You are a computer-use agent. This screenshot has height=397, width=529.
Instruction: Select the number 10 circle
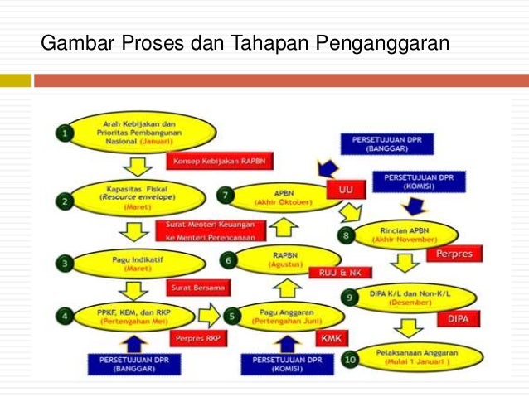point(349,359)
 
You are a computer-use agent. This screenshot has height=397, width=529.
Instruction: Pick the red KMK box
point(334,336)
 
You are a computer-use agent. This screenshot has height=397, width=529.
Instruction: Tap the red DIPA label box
point(459,318)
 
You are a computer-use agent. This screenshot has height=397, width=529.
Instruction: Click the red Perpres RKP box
point(197,338)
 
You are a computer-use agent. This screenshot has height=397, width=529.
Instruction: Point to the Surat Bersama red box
point(199,288)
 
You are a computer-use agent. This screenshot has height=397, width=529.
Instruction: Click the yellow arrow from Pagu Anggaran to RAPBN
point(285,288)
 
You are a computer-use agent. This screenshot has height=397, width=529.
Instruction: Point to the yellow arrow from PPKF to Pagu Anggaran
point(210,314)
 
